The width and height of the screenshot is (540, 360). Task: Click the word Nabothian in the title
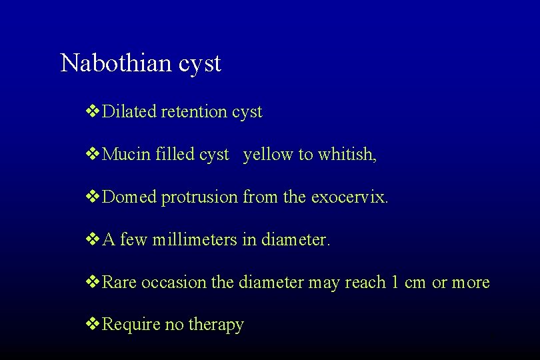[x=117, y=64]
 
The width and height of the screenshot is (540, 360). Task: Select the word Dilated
[x=130, y=112]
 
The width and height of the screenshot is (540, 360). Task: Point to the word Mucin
[x=127, y=155]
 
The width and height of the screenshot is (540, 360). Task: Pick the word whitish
[x=347, y=155]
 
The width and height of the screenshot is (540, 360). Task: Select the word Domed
[x=130, y=197]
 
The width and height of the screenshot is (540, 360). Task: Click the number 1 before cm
[x=395, y=283]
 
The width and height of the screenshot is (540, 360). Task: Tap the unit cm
[x=415, y=283]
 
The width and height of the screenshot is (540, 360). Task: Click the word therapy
[x=217, y=325]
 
